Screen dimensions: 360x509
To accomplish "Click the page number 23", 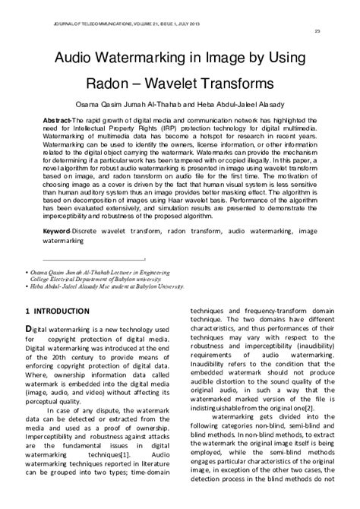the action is click(x=317, y=30).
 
